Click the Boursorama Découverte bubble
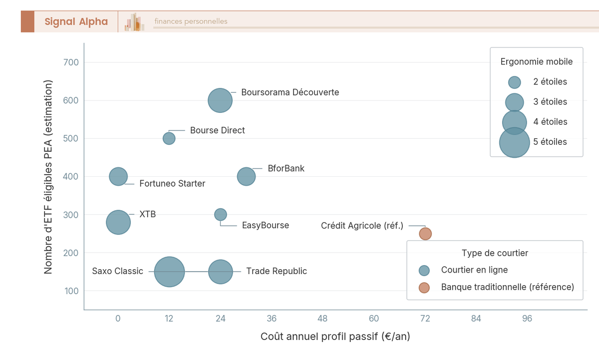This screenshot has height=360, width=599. pyautogui.click(x=220, y=100)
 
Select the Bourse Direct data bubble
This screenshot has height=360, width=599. pyautogui.click(x=169, y=138)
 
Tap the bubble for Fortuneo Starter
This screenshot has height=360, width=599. pyautogui.click(x=118, y=176)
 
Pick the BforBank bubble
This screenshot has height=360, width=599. pyautogui.click(x=246, y=176)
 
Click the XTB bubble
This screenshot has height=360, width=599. pyautogui.click(x=118, y=222)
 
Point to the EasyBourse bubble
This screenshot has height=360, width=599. pyautogui.click(x=221, y=215)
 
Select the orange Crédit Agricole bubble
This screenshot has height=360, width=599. pyautogui.click(x=425, y=234)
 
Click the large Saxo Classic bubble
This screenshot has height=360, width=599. pyautogui.click(x=170, y=272)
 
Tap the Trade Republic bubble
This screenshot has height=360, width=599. pyautogui.click(x=221, y=272)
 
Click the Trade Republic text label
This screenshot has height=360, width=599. pyautogui.click(x=277, y=271)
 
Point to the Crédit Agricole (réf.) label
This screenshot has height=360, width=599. pyautogui.click(x=362, y=226)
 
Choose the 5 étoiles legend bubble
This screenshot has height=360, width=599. pyautogui.click(x=514, y=142)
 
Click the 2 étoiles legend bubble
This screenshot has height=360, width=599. pyautogui.click(x=514, y=82)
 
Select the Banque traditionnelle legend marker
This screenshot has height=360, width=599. pyautogui.click(x=424, y=288)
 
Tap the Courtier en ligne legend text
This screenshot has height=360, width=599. pyautogui.click(x=474, y=270)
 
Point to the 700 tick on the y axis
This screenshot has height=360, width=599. pyautogui.click(x=72, y=62)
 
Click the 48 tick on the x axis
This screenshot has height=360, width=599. pyautogui.click(x=323, y=319)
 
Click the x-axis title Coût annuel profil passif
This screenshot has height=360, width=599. pyautogui.click(x=335, y=337)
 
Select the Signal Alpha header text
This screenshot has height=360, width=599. pyautogui.click(x=76, y=21)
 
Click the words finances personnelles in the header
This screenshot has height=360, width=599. pyautogui.click(x=191, y=21)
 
